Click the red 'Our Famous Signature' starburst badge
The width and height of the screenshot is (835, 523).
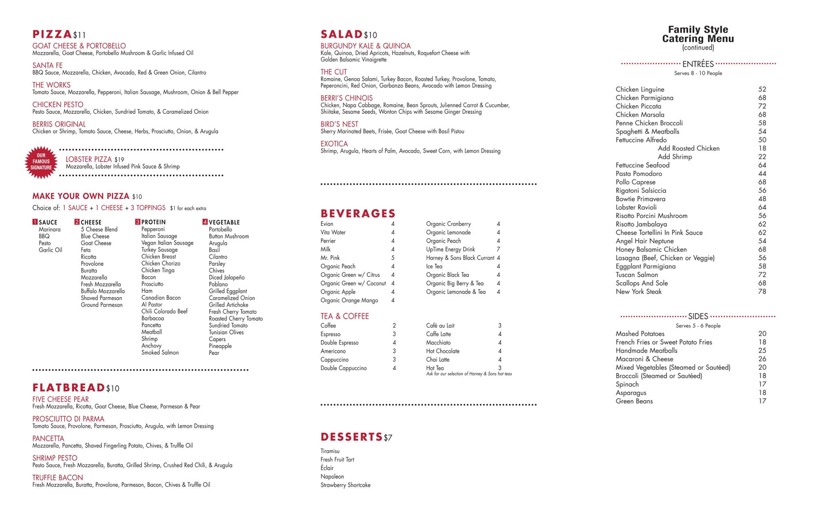(x=41, y=162)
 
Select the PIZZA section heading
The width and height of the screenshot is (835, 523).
(x=53, y=34)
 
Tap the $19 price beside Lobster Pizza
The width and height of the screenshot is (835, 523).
(x=119, y=159)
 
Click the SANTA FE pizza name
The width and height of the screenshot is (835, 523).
(x=47, y=65)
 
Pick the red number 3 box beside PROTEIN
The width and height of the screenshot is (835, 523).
(x=138, y=222)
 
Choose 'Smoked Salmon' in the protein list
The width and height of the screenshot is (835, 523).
(x=160, y=353)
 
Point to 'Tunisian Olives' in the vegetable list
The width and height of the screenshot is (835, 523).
(x=226, y=332)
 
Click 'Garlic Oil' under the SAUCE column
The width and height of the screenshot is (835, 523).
(x=50, y=250)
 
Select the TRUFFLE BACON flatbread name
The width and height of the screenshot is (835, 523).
(x=57, y=477)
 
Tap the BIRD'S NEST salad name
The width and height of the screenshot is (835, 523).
(x=339, y=124)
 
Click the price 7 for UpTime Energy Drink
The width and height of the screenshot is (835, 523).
(x=498, y=249)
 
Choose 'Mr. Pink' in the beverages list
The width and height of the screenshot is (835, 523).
(x=330, y=258)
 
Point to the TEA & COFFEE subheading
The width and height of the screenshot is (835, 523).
(x=345, y=316)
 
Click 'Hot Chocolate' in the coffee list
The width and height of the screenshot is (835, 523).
(x=442, y=351)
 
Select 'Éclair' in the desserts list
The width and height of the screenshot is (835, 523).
(x=327, y=468)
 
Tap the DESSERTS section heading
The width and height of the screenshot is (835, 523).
(x=351, y=437)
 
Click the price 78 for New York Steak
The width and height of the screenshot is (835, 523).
(x=762, y=291)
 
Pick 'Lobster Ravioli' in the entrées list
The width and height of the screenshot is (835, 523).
(x=636, y=207)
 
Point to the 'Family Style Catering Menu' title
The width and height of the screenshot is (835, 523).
(x=698, y=34)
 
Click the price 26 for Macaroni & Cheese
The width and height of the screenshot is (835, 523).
(x=762, y=359)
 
